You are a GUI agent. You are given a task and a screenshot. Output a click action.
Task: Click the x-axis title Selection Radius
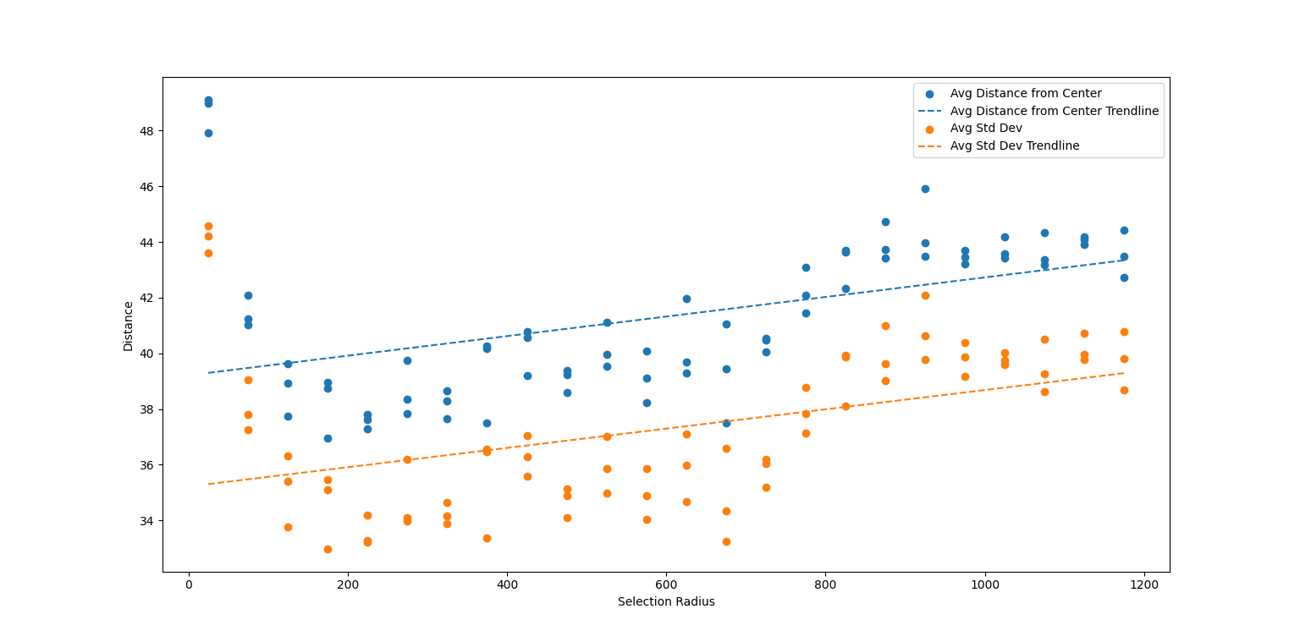(666, 601)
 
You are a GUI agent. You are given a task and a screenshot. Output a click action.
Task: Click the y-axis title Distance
(129, 326)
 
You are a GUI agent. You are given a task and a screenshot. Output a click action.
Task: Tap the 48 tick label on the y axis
(147, 131)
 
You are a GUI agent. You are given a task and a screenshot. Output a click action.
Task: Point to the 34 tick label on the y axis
(147, 520)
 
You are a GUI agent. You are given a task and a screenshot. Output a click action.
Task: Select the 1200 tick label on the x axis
(1144, 584)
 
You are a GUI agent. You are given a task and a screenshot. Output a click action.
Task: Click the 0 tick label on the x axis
(189, 584)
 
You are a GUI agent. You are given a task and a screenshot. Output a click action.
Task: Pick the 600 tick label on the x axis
(666, 584)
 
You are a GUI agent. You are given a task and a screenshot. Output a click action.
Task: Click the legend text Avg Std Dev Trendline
(1014, 145)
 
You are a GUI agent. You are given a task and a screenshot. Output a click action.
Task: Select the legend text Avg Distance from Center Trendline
(1054, 111)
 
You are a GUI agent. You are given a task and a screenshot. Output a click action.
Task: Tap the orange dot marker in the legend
(930, 129)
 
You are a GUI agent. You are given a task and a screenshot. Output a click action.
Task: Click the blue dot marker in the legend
(930, 94)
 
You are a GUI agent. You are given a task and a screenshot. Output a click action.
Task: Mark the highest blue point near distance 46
(925, 189)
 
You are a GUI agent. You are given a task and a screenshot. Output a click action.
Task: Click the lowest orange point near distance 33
(328, 549)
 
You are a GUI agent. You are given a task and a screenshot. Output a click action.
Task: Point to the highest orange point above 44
(208, 226)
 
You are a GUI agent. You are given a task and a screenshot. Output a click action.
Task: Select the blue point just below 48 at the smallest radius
(208, 133)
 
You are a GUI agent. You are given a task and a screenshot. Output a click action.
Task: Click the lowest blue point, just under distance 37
(328, 438)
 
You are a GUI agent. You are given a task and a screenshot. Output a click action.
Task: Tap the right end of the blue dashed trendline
(1124, 260)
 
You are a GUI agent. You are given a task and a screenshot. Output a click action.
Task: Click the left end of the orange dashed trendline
(208, 484)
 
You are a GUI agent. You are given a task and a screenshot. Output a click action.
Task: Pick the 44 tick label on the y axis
(147, 243)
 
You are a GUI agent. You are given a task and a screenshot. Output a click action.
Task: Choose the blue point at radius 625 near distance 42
(686, 299)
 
